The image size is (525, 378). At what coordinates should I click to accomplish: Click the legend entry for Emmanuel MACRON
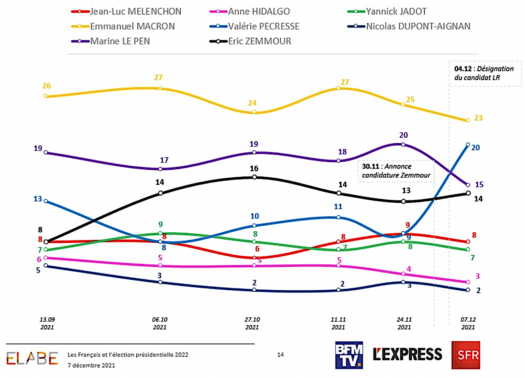coord(132,26)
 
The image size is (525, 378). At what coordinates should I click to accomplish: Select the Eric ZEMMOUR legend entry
coord(259,41)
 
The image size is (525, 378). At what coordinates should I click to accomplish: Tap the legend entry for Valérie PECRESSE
coord(263,26)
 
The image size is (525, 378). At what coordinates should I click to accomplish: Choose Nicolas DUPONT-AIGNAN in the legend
coord(418,26)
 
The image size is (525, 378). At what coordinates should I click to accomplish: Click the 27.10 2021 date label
coord(252,323)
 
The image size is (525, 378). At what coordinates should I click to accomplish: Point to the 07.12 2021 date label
coord(468,323)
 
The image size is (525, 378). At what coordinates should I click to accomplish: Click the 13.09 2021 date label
coord(47,323)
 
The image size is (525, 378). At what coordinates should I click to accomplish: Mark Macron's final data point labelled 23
coord(468,120)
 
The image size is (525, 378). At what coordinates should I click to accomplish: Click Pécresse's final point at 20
coord(468,145)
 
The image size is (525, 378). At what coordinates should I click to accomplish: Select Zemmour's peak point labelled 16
coord(254,177)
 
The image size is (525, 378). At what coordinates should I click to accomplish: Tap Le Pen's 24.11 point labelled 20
coord(403,144)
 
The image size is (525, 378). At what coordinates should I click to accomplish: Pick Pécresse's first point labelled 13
coord(46,201)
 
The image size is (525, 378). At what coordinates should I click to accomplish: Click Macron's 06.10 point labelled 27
coord(160,88)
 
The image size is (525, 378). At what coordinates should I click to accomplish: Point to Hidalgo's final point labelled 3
coord(468,282)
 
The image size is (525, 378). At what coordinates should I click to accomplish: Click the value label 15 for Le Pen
coord(479,185)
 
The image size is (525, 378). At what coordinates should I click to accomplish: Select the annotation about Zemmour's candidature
coord(396,171)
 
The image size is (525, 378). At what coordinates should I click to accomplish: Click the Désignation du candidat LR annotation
coord(484,73)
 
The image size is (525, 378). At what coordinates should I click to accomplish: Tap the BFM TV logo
coord(349,355)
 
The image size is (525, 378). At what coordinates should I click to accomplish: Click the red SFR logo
coord(466,355)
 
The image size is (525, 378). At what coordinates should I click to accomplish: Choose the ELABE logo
coord(32,358)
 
